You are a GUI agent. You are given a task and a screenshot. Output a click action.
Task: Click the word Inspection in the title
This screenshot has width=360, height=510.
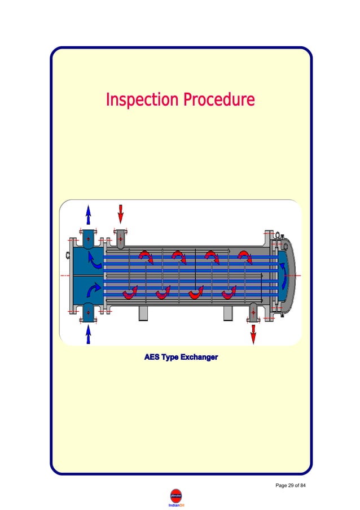(x=141, y=101)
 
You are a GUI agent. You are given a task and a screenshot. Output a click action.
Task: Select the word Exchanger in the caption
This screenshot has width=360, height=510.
(x=197, y=357)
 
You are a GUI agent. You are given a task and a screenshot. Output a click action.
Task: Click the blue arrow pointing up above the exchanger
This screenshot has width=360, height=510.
(x=88, y=215)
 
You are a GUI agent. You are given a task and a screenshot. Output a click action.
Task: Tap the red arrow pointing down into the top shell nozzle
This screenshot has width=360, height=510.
(x=120, y=214)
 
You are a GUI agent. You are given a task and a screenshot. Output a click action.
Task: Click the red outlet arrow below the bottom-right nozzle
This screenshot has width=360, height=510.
(x=253, y=334)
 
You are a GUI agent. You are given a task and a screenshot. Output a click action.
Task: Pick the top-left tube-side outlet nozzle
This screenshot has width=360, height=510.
(x=88, y=239)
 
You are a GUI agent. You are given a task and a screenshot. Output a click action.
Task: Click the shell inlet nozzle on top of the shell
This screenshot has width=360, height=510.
(x=120, y=238)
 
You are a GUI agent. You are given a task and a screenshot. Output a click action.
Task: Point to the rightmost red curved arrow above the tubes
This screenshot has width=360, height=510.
(x=245, y=257)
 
